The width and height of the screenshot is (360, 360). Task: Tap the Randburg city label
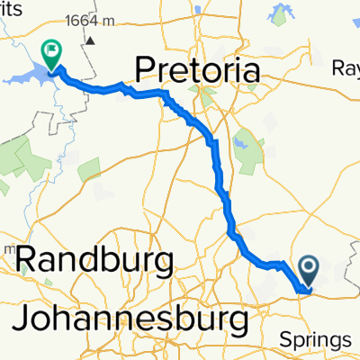coord(94,262)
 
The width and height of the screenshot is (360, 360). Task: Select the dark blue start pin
coord(308,269)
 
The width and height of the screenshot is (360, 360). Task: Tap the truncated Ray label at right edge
coord(346,68)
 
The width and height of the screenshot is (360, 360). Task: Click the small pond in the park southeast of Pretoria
coord(241,140)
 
